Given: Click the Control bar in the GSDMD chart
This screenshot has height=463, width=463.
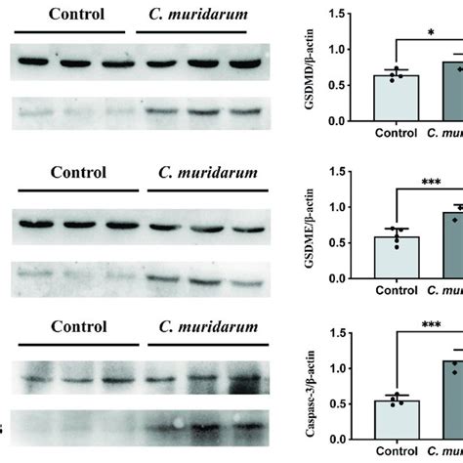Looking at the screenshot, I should coord(397,98).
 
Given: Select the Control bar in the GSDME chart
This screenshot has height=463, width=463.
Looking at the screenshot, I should coord(397,259).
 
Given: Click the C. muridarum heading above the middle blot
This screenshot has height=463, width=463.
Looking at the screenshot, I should coord(207,174).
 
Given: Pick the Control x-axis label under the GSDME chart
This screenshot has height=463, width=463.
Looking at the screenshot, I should coord(396,291).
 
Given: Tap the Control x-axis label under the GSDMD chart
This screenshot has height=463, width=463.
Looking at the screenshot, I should coord(396,132).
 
